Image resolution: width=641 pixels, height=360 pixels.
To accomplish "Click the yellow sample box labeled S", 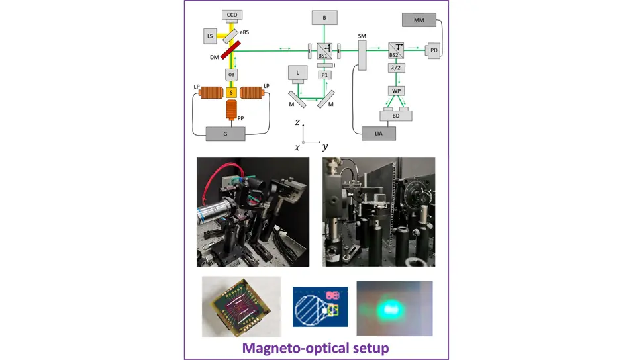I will click(x=232, y=93).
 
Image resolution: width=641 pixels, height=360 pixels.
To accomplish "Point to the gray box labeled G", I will click(x=226, y=134).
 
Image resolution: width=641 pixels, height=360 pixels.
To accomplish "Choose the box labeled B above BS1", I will click(x=324, y=18).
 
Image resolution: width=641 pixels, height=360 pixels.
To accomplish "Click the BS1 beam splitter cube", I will click(x=324, y=49).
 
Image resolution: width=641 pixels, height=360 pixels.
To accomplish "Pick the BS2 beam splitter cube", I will click(x=397, y=49).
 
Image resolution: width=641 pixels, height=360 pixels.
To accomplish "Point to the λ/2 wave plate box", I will click(x=397, y=67).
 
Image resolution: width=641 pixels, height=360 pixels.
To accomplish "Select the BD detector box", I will click(x=395, y=115).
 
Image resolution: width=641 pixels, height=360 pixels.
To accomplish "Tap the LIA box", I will click(x=379, y=134).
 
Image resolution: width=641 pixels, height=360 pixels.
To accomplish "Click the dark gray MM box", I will click(x=419, y=21).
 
